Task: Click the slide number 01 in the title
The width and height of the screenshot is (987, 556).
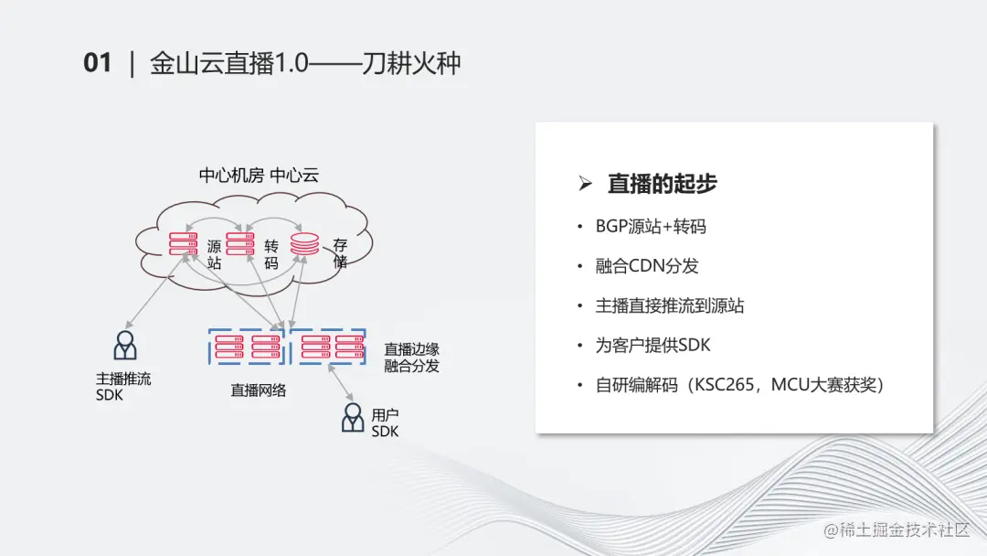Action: (x=97, y=63)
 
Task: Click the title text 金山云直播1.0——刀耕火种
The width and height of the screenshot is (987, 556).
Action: (x=305, y=63)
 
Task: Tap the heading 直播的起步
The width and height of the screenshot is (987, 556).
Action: (x=662, y=183)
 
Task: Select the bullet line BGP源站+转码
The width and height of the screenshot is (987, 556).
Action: (x=650, y=226)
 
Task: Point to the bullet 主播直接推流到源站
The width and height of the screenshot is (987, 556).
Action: (x=669, y=305)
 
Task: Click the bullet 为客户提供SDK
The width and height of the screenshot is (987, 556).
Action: (x=653, y=345)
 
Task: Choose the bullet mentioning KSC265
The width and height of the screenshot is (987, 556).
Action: (x=739, y=385)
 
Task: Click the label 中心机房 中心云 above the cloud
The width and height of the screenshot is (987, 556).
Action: (x=259, y=175)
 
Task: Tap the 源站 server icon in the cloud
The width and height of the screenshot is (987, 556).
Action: (x=184, y=244)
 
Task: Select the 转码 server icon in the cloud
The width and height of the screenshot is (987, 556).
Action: (x=239, y=244)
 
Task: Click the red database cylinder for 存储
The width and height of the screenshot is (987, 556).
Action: (x=304, y=244)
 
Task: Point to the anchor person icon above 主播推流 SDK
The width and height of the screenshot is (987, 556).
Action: (x=125, y=346)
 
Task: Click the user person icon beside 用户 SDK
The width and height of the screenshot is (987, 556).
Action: (x=353, y=418)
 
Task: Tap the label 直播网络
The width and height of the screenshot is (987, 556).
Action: (x=259, y=390)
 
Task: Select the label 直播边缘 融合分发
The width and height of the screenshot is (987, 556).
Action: (x=411, y=358)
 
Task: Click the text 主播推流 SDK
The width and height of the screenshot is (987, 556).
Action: (x=123, y=386)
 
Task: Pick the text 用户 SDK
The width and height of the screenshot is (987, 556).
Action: (x=385, y=423)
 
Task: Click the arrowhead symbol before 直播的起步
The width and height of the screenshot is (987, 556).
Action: (x=586, y=184)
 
